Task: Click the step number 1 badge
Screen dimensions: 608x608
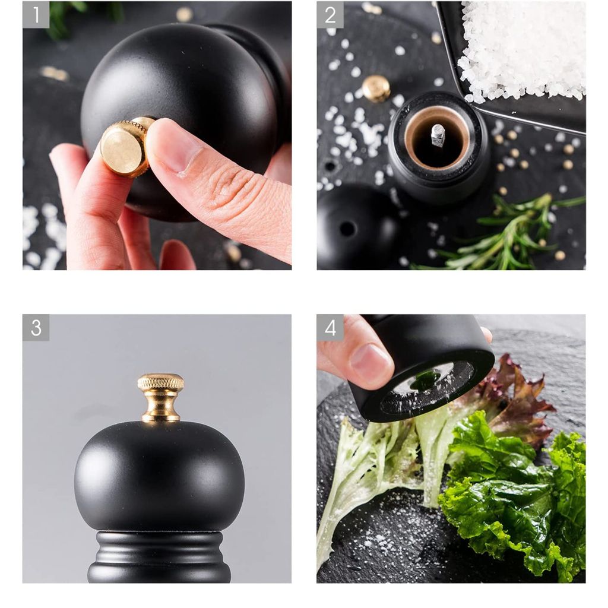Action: pyautogui.click(x=36, y=15)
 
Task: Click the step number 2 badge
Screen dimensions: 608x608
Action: pyautogui.click(x=330, y=15)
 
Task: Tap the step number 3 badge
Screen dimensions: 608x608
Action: pyautogui.click(x=36, y=328)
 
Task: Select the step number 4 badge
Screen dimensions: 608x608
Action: pyautogui.click(x=330, y=328)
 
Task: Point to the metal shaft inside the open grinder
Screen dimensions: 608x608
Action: pyautogui.click(x=438, y=135)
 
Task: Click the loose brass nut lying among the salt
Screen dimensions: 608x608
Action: pyautogui.click(x=376, y=88)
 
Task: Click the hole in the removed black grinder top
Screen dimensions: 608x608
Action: pyautogui.click(x=347, y=229)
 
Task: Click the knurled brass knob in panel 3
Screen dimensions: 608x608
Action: pyautogui.click(x=160, y=397)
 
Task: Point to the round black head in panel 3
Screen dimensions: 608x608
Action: pyautogui.click(x=159, y=476)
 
